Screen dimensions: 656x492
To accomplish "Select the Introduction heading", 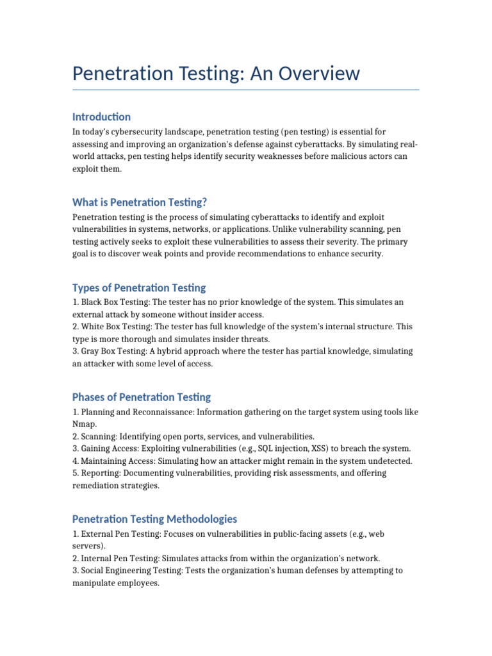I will coord(101,117).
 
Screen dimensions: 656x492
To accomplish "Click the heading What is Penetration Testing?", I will coord(140,202).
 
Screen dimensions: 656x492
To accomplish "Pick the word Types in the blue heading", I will coord(86,288).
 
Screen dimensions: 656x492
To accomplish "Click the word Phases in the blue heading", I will coord(89,397).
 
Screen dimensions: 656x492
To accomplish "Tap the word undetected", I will coord(390,461).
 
